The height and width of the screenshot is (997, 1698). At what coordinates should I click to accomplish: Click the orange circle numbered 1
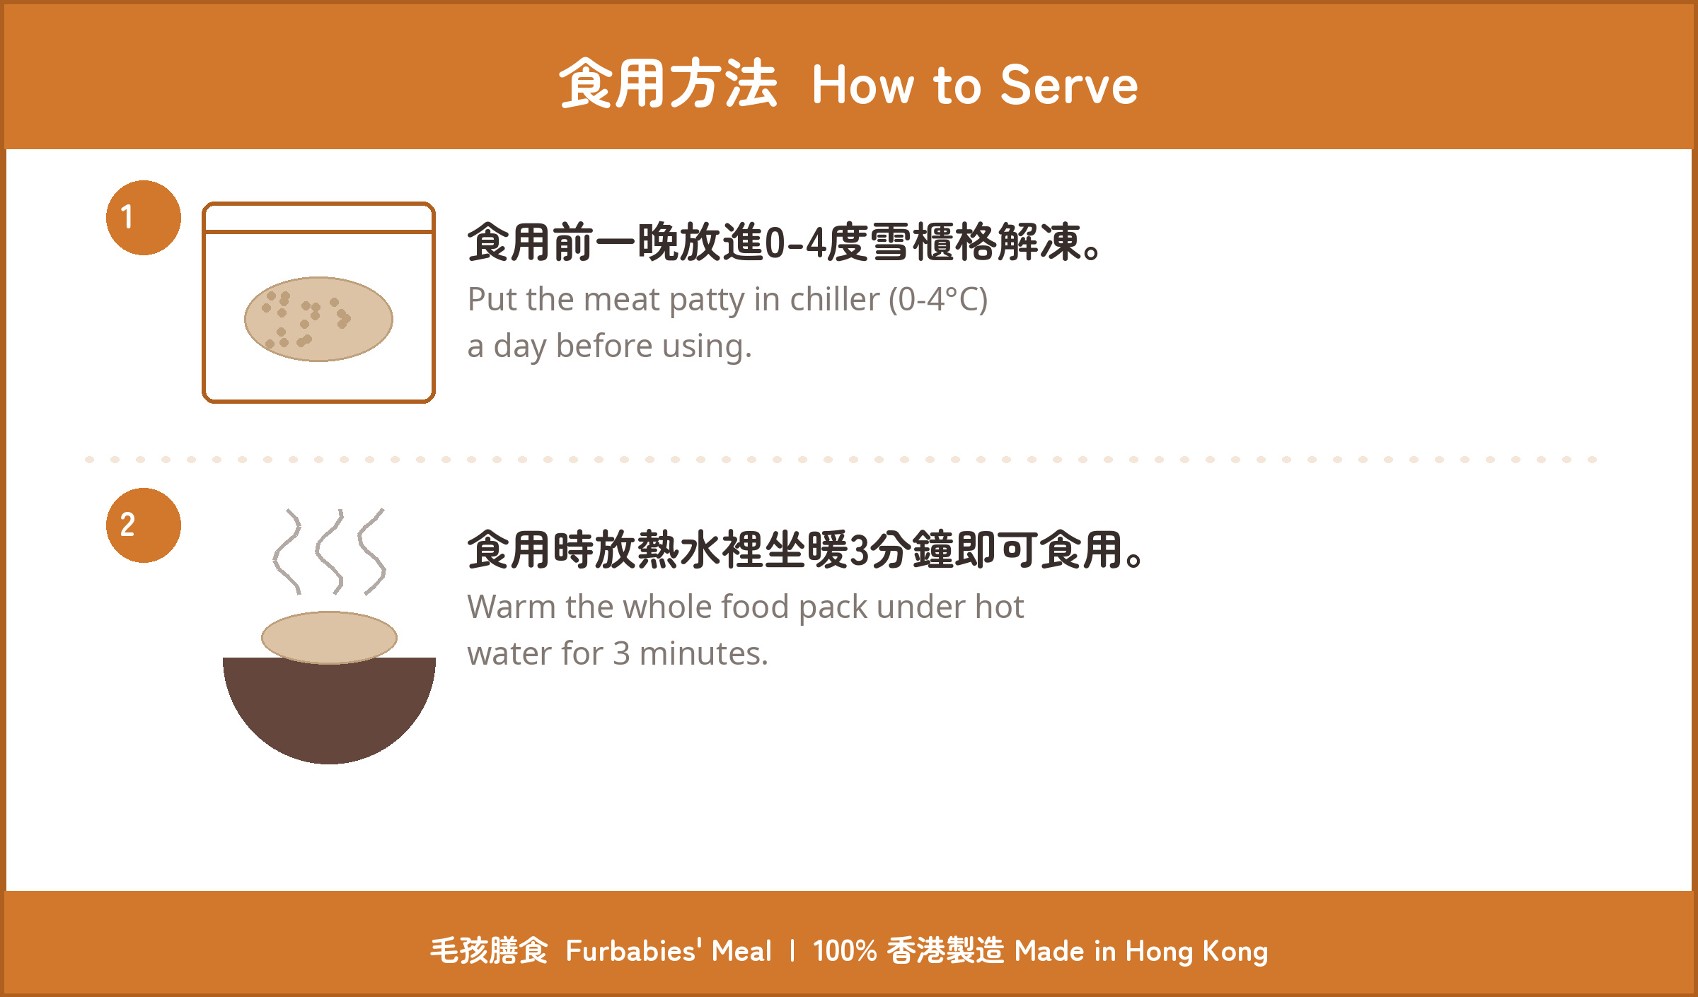coord(144,218)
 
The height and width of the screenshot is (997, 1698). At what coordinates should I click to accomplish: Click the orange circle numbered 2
coord(144,525)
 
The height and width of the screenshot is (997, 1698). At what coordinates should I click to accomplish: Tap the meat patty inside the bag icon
coord(318,319)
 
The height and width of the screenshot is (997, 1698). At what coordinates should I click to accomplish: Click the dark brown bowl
coord(329,711)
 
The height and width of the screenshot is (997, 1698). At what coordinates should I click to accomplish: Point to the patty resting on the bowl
coord(329,637)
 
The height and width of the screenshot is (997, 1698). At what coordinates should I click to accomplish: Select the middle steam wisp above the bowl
coord(330,552)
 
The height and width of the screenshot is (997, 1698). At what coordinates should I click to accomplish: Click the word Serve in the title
coord(1069,85)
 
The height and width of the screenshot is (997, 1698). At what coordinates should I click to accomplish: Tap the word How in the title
coord(864,85)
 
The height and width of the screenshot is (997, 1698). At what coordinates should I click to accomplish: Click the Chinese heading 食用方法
coord(668,83)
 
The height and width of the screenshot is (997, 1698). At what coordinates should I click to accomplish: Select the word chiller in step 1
coord(835,299)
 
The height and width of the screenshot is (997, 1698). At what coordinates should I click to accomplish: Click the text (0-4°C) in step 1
coord(938,300)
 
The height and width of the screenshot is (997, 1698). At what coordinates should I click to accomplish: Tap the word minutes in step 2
coord(703,653)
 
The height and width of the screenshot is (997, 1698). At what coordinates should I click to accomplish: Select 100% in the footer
coord(845,951)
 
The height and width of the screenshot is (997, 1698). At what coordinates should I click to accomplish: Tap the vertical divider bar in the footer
coord(792,951)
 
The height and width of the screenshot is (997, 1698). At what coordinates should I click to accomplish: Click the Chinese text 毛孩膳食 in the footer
coord(489,951)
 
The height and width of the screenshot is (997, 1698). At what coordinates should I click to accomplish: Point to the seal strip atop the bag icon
coord(318,218)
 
